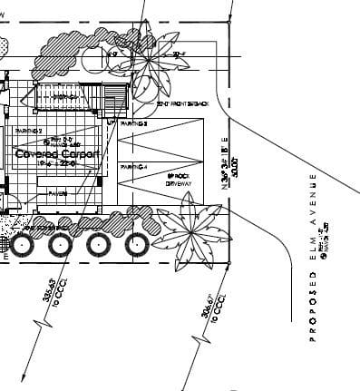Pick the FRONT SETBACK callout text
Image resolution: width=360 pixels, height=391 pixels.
(x=184, y=105)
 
